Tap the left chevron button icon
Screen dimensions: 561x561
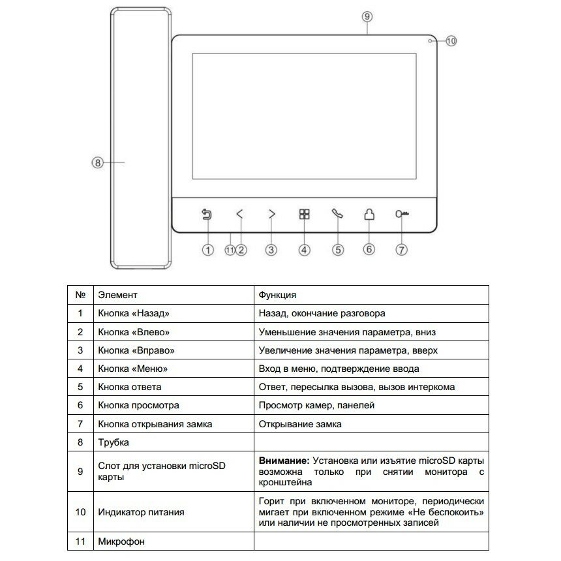(x=239, y=214)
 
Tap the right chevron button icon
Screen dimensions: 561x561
(x=271, y=214)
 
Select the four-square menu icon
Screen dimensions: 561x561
(x=304, y=214)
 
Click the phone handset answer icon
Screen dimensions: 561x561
(x=337, y=214)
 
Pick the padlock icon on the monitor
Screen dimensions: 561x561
(x=369, y=214)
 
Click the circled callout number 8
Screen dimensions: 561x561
(x=98, y=163)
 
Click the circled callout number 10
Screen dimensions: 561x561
(x=451, y=40)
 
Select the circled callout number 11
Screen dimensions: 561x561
(x=229, y=249)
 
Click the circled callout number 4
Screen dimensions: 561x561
(x=304, y=249)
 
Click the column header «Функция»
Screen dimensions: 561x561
(x=277, y=295)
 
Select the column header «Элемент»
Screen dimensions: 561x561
(x=117, y=295)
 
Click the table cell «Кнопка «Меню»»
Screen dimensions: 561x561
(x=132, y=369)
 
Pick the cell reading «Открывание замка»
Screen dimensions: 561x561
(x=300, y=424)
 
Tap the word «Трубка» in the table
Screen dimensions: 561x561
(x=114, y=442)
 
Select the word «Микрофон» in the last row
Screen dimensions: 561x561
(x=121, y=541)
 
